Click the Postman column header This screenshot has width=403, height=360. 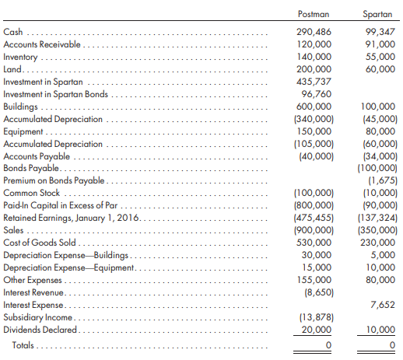[x=314, y=14]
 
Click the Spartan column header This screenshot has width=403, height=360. [x=377, y=14]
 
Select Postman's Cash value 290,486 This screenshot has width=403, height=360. [x=314, y=32]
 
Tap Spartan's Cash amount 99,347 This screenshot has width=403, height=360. [x=380, y=32]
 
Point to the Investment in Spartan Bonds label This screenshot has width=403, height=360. [x=55, y=94]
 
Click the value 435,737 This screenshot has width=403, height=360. [x=314, y=82]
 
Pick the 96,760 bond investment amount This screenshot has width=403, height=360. [x=317, y=94]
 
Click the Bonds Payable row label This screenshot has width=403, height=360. [x=31, y=168]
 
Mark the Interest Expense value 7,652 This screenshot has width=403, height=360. [x=383, y=305]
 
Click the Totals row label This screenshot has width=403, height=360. [x=23, y=345]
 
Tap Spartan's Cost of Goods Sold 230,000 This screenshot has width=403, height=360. [x=377, y=243]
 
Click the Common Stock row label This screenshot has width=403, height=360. [x=31, y=193]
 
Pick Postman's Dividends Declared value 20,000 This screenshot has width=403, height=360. [x=317, y=330]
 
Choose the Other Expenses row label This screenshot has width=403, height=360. [x=33, y=280]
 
